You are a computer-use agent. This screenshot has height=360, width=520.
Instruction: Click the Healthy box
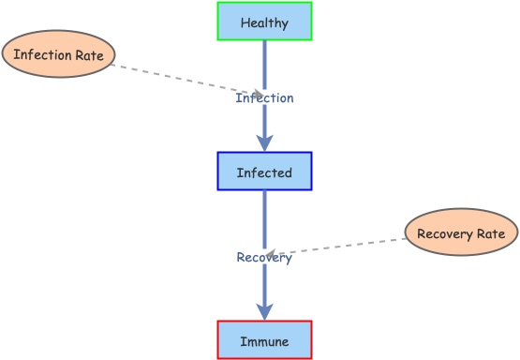click(264, 22)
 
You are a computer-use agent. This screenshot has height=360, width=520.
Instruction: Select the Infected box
click(264, 172)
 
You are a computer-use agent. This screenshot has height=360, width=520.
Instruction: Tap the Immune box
click(264, 340)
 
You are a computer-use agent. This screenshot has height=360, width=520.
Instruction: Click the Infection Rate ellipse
click(58, 54)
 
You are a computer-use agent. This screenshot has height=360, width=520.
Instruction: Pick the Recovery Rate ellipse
click(461, 233)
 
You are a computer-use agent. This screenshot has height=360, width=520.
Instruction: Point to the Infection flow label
click(264, 97)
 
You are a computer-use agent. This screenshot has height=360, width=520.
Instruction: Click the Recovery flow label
click(263, 258)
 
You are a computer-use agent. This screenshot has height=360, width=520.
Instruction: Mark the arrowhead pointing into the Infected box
click(265, 142)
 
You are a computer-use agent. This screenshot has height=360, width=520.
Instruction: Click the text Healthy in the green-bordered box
click(264, 22)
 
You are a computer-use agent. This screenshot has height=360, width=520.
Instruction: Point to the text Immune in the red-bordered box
click(264, 340)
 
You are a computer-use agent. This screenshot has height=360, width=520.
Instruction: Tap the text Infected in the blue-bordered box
click(264, 172)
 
